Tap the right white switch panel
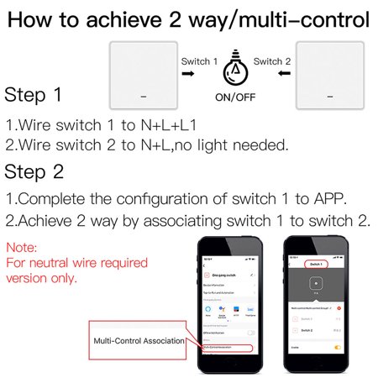tap(328, 76)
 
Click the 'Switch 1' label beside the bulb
tap(198, 61)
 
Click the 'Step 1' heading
tap(33, 94)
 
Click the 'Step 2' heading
tap(34, 173)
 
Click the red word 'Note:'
tap(22, 249)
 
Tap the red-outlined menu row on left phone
tap(226, 348)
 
